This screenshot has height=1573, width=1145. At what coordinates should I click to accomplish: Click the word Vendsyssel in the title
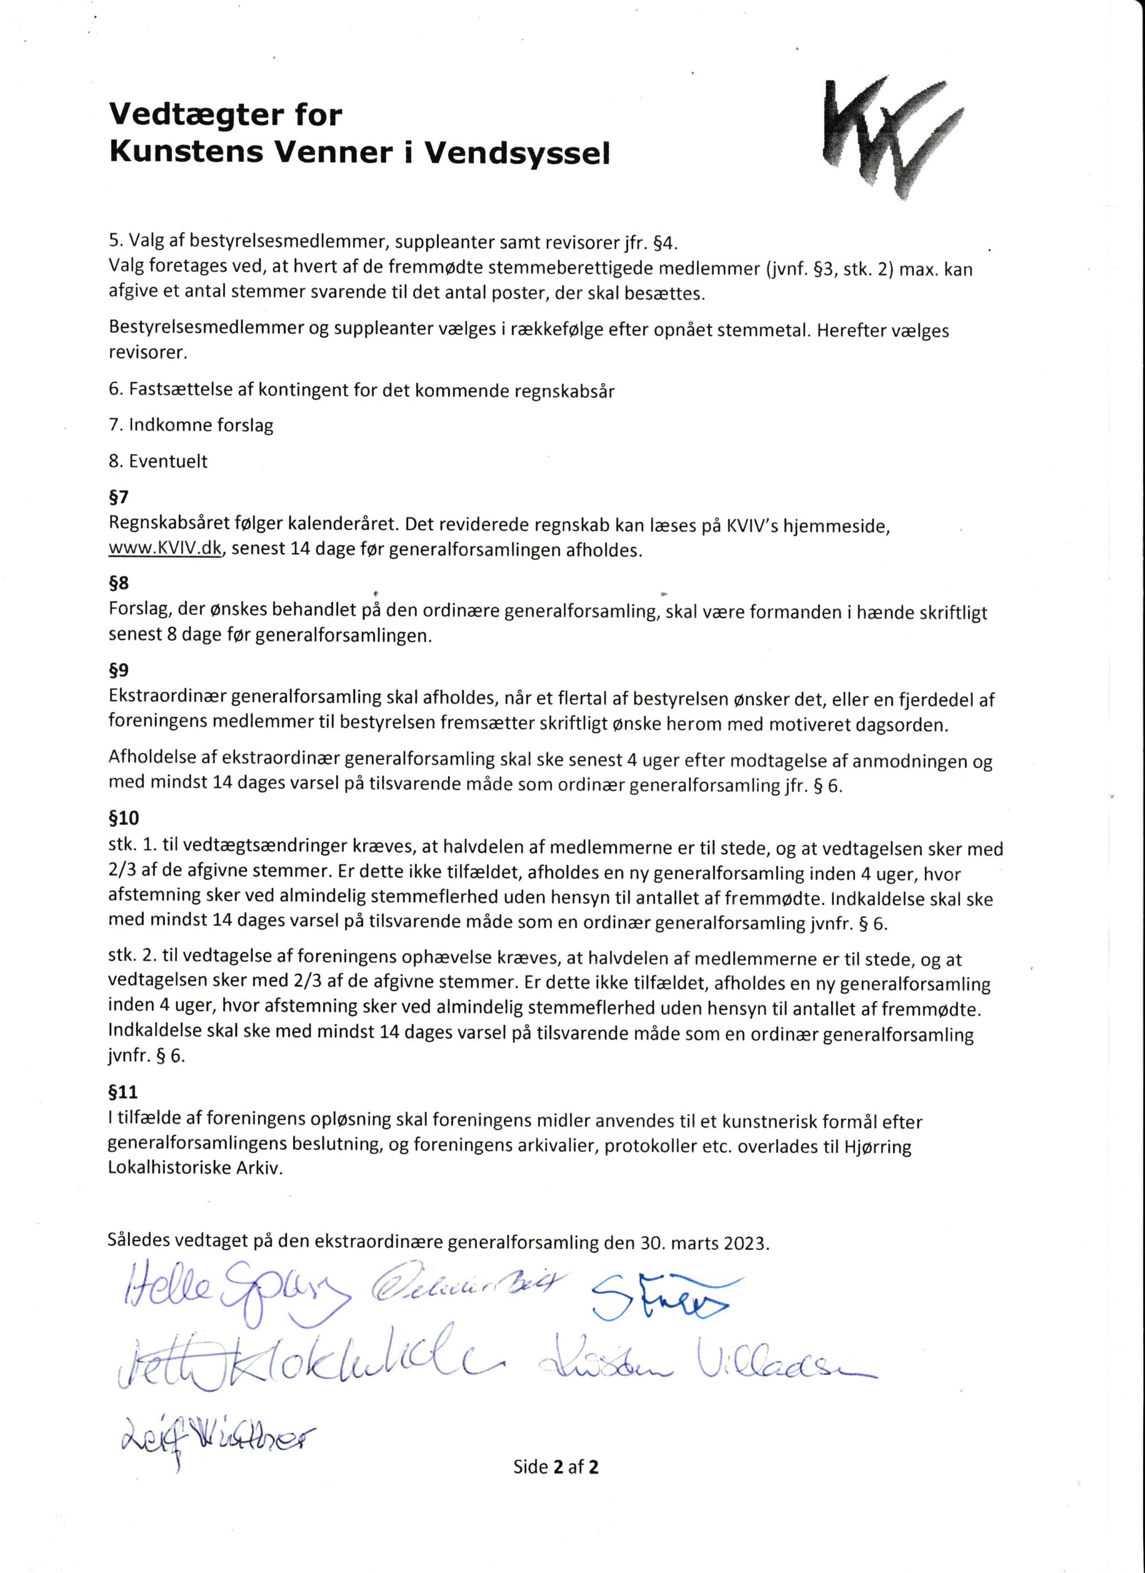517,153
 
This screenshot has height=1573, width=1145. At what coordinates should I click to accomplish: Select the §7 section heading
119,496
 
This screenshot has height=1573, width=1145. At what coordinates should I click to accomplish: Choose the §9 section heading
119,670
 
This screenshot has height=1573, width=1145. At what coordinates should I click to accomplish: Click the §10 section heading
124,818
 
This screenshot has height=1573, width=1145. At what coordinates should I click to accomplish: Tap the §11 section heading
123,1092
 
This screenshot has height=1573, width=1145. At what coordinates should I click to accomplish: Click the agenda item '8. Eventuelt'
158,461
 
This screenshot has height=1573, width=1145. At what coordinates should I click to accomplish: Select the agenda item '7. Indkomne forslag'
191,425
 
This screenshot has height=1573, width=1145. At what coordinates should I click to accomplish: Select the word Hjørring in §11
876,1147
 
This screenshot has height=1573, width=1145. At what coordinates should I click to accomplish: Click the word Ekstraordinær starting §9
167,699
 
